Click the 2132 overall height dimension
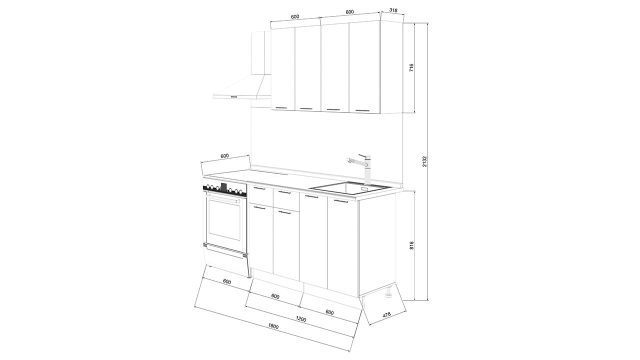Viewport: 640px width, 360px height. point(424,161)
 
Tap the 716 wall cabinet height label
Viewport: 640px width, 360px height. point(411,67)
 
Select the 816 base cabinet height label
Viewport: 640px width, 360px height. point(411,245)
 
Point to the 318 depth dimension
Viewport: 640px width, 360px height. point(393,10)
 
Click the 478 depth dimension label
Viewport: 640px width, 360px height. point(386,314)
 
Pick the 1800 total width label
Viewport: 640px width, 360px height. point(273,326)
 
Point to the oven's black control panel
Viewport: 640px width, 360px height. point(224,189)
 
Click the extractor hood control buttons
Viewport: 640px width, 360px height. point(233,97)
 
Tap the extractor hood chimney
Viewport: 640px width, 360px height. point(261,53)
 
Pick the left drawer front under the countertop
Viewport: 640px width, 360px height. point(260,194)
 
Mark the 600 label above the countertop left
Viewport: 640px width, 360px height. point(224,155)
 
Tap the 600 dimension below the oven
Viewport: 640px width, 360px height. point(226,281)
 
